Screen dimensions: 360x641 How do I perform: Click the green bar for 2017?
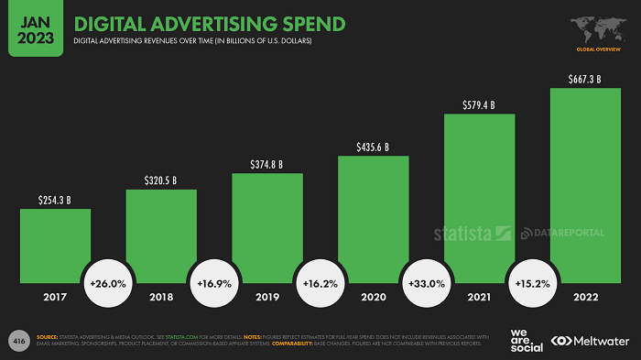pos(55,247)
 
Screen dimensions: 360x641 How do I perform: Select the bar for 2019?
pos(267,229)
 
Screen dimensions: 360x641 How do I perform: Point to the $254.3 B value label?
pos(55,199)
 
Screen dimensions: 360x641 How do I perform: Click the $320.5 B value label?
pos(161,180)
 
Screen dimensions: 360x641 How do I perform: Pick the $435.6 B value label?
pos(374,147)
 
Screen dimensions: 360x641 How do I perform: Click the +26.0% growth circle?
pos(108,285)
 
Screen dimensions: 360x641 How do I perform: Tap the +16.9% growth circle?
pos(214,285)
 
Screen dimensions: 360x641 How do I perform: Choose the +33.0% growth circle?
pos(427,285)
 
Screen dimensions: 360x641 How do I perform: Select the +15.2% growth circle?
pos(533,285)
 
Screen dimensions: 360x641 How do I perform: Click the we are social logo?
pos(520,341)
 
